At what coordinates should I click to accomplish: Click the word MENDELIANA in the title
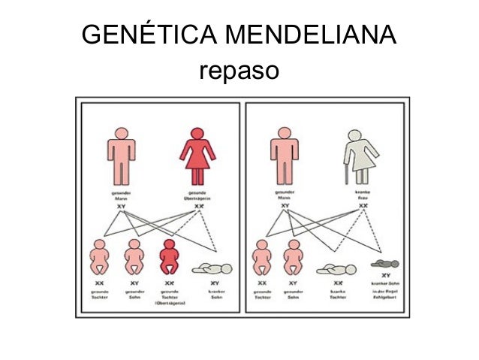click(x=312, y=36)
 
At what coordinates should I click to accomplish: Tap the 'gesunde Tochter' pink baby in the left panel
click(x=99, y=257)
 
